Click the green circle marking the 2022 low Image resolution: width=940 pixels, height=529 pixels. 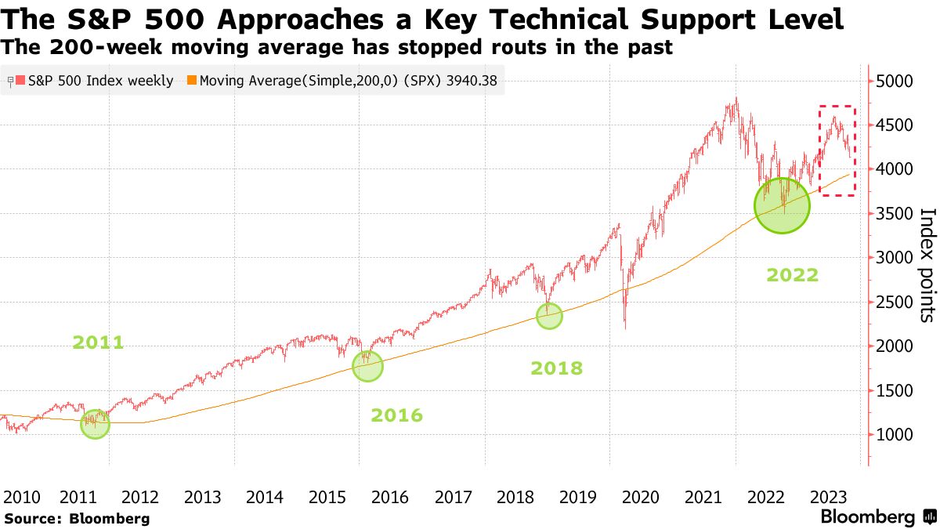point(782,205)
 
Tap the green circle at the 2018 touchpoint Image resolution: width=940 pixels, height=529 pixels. point(549,315)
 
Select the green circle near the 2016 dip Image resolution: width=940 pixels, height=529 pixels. point(367,366)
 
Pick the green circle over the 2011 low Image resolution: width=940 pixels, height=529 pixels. point(95,424)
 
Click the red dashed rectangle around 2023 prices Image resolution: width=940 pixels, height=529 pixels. point(837,150)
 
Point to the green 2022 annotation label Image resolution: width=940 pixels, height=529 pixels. point(793,275)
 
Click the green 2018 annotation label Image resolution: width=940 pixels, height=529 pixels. point(556,368)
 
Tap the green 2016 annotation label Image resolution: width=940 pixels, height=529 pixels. point(396,415)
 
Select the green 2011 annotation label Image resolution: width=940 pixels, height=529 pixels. point(98,342)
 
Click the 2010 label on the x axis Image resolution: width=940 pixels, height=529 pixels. point(21,497)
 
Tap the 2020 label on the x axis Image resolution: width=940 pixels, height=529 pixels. point(639,497)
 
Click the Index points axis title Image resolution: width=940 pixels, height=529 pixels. point(926,265)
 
